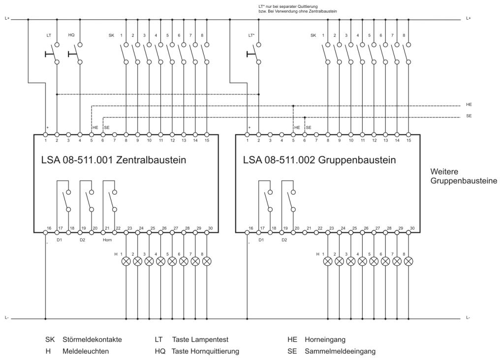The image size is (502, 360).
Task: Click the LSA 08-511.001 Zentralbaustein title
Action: (x=114, y=160)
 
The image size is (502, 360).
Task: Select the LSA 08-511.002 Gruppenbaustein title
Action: (x=319, y=160)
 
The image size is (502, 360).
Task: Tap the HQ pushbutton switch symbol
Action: (x=76, y=54)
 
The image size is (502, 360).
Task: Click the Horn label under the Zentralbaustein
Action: (x=107, y=240)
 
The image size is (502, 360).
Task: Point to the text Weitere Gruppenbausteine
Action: (x=464, y=176)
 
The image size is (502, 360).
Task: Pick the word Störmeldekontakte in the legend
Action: (x=92, y=339)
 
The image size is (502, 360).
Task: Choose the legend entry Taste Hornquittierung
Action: (x=205, y=351)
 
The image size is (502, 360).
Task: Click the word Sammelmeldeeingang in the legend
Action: (x=340, y=351)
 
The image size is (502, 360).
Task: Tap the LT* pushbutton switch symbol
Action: (x=254, y=54)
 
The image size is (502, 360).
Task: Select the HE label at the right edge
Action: (x=469, y=105)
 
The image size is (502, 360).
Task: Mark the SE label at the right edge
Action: (x=469, y=116)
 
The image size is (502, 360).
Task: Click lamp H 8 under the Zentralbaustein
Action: (x=207, y=262)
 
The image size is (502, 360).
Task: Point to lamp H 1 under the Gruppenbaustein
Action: (x=328, y=262)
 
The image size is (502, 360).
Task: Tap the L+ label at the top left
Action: (x=7, y=19)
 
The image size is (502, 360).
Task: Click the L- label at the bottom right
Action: (x=469, y=318)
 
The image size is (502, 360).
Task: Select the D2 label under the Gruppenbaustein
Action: (x=284, y=240)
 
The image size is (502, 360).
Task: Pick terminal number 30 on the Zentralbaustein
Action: (x=210, y=228)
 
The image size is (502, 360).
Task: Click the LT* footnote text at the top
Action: (x=298, y=9)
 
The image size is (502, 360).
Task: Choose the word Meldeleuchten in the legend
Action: (x=86, y=351)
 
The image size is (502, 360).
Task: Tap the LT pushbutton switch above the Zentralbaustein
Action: (x=53, y=54)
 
